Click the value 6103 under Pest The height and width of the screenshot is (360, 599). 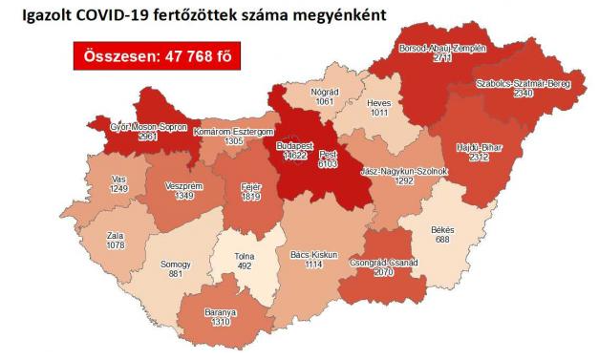click(326, 163)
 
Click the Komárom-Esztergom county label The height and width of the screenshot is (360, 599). click(234, 131)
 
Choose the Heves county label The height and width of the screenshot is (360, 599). click(379, 101)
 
